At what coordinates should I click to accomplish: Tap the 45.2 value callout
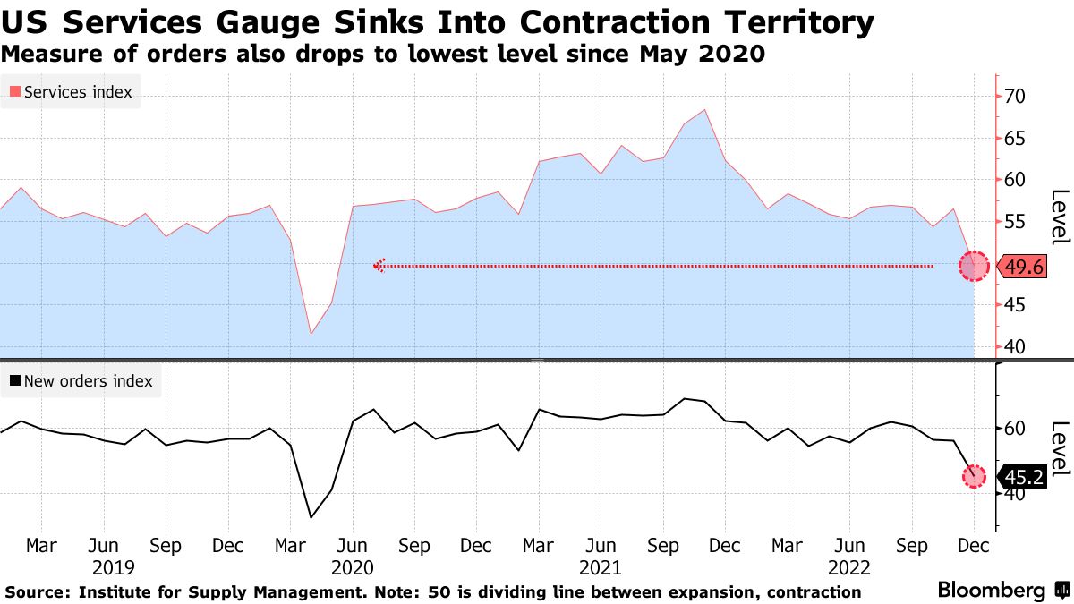click(1020, 478)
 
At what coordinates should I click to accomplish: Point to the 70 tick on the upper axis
click(1017, 97)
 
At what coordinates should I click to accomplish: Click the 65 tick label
click(1017, 139)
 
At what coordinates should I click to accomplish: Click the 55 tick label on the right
click(1017, 222)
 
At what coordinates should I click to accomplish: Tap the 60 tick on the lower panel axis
click(1017, 429)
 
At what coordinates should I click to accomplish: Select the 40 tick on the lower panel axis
click(1017, 494)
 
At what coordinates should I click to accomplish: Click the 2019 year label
click(113, 567)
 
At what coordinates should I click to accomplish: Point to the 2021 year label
click(601, 567)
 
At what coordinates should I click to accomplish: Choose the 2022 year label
click(848, 567)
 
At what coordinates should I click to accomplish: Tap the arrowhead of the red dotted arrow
click(379, 266)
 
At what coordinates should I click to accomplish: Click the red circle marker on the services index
click(974, 266)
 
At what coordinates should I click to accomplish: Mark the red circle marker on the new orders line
click(974, 477)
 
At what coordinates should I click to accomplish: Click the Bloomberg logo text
click(991, 591)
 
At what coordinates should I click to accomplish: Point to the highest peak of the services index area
click(705, 110)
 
